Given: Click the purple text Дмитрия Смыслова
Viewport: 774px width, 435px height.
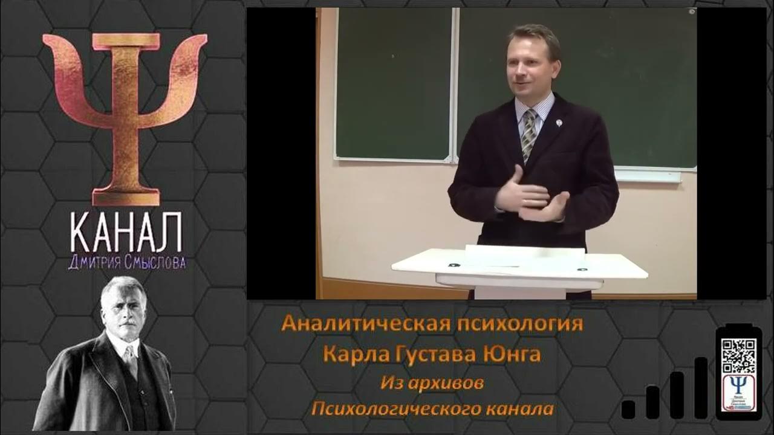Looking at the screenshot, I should coord(126,263).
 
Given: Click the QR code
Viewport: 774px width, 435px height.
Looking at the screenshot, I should coord(738,356).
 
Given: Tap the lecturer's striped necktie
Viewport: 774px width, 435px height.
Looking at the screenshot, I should coord(530,134).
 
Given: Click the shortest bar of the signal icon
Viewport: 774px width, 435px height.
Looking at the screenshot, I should coord(628,409).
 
